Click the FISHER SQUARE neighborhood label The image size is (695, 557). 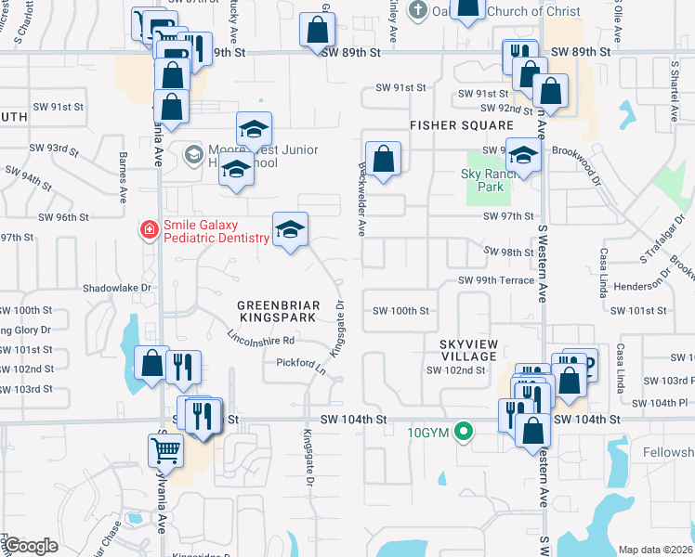pyautogui.click(x=462, y=124)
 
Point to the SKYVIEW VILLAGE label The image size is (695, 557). pyautogui.click(x=469, y=350)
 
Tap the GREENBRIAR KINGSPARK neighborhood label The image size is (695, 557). pyautogui.click(x=278, y=311)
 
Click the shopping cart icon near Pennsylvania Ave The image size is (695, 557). pyautogui.click(x=165, y=451)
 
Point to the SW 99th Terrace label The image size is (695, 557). pyautogui.click(x=495, y=280)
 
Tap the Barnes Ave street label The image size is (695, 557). pyautogui.click(x=122, y=176)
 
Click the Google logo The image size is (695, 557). pyautogui.click(x=31, y=546)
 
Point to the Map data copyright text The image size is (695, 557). pyautogui.click(x=654, y=550)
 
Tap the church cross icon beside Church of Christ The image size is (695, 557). pyautogui.click(x=418, y=12)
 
